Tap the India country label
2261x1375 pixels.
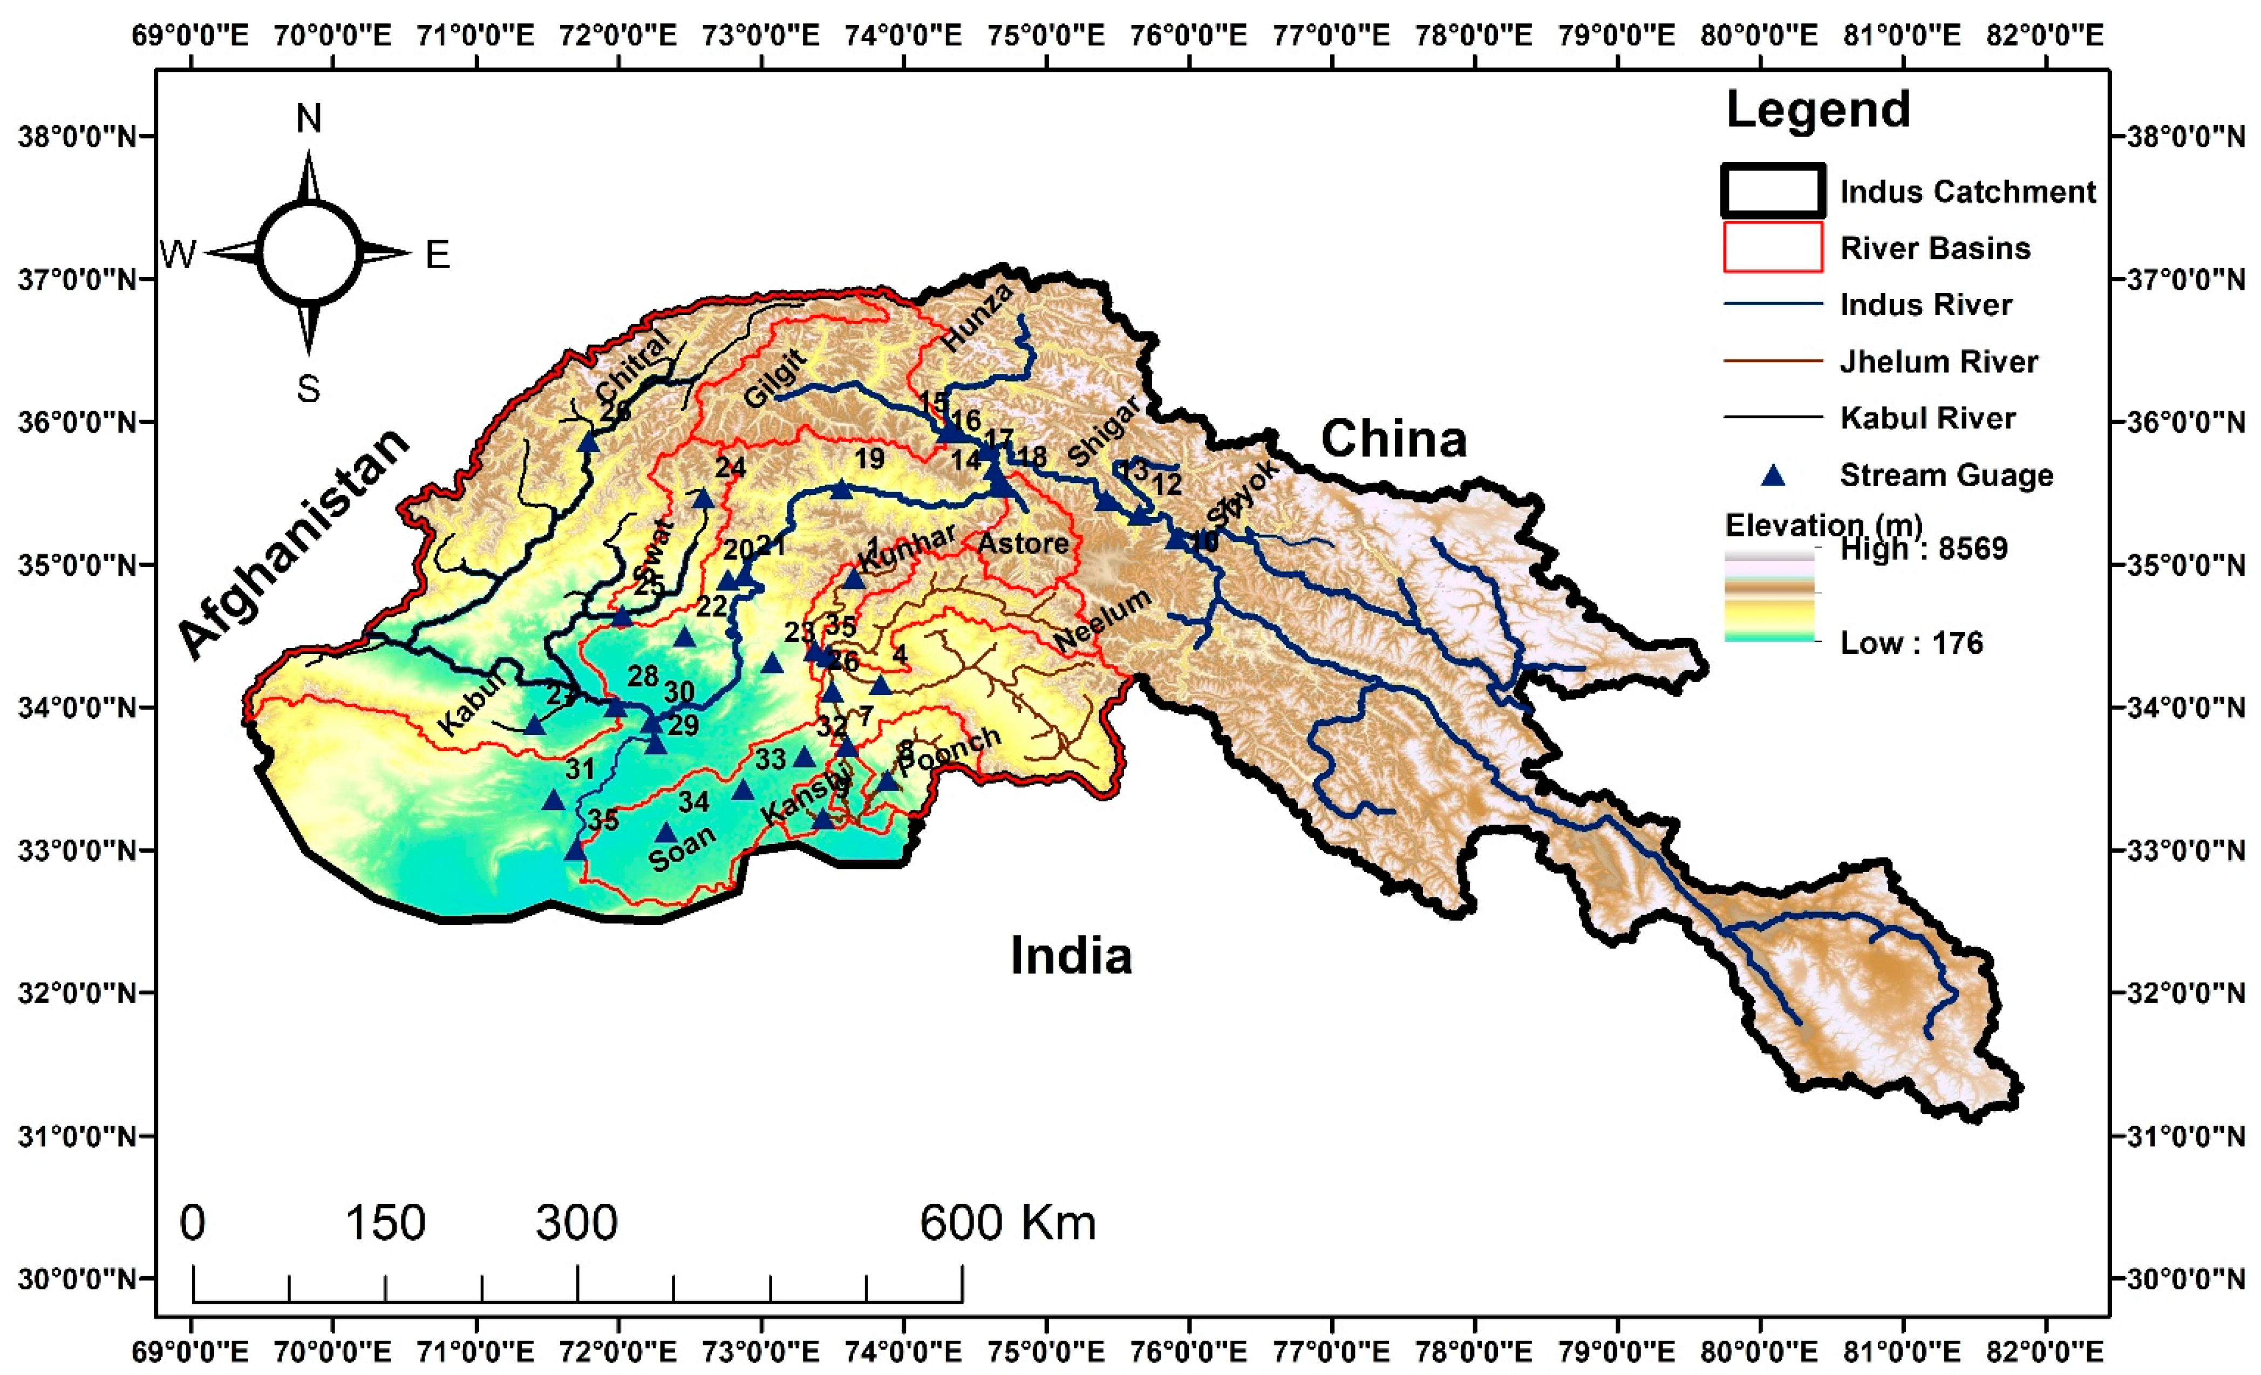tap(1071, 956)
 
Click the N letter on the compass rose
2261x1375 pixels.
tap(308, 119)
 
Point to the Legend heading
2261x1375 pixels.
tap(1818, 110)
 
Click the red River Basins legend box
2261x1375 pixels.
tap(1772, 248)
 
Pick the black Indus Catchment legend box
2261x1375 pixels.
tap(1772, 191)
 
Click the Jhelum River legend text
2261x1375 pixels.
tap(1938, 362)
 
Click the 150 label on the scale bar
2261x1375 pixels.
tap(385, 1223)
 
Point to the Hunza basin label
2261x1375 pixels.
tap(977, 317)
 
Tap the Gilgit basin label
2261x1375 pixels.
tap(775, 378)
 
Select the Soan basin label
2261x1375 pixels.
tap(681, 849)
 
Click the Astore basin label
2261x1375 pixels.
tap(1022, 543)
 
